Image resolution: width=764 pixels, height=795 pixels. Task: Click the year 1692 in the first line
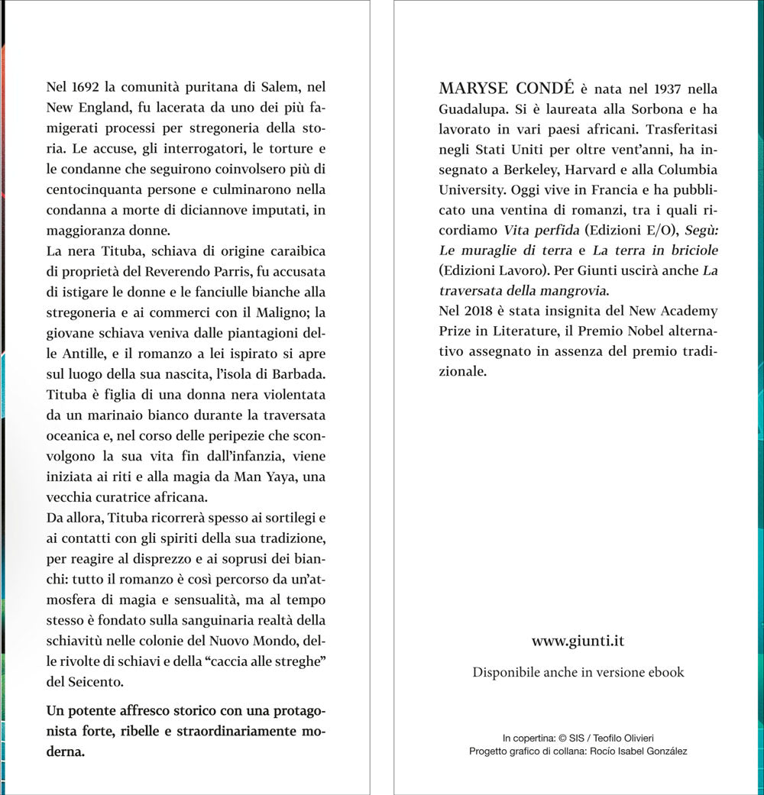point(82,89)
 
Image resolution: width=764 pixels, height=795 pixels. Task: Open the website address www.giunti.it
point(578,641)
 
